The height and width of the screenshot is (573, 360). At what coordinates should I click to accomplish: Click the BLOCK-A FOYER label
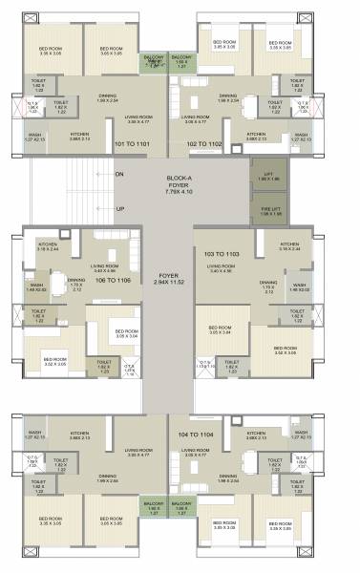[x=179, y=184]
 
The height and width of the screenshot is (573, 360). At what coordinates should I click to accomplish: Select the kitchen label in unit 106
[x=49, y=246]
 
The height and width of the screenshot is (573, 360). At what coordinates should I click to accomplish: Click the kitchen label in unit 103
[x=314, y=246]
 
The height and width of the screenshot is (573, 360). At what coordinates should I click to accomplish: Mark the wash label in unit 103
[x=299, y=286]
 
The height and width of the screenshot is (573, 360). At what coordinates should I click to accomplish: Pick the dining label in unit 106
[x=76, y=282]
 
